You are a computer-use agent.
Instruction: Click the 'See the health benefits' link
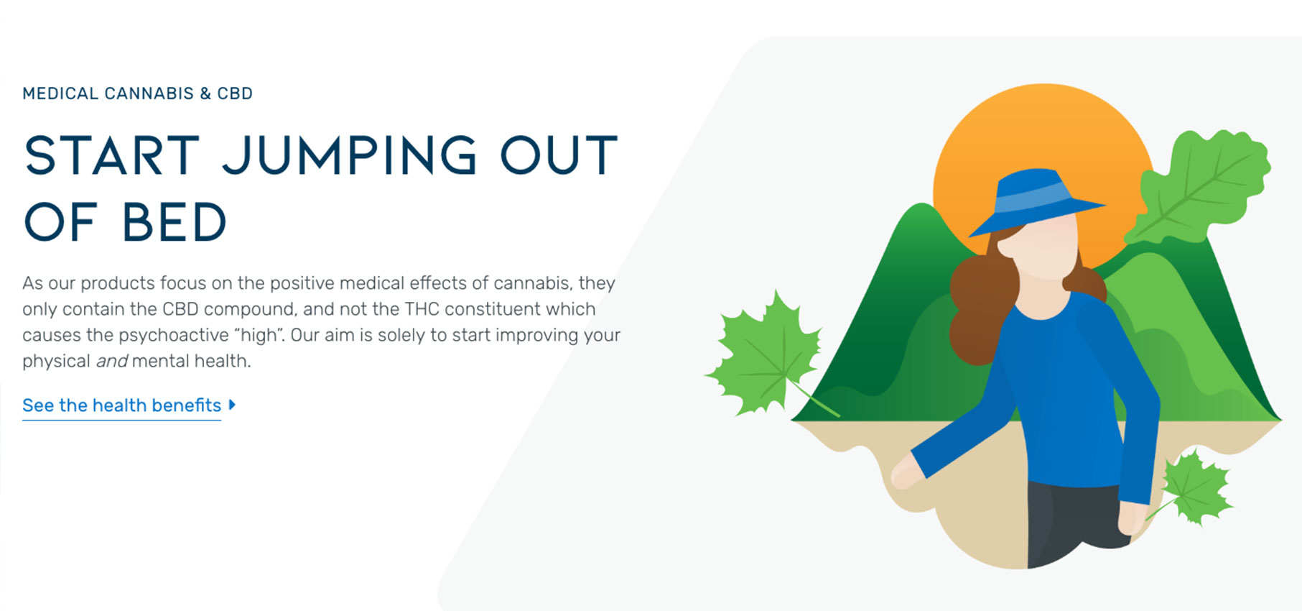pos(122,405)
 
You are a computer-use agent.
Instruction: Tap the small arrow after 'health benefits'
pos(232,405)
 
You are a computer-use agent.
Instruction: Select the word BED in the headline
pos(175,222)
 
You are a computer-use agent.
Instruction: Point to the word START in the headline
pos(112,155)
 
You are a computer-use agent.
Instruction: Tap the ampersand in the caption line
pos(205,93)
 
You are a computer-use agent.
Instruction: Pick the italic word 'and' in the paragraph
pos(111,361)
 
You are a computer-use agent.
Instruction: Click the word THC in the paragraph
pos(422,309)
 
